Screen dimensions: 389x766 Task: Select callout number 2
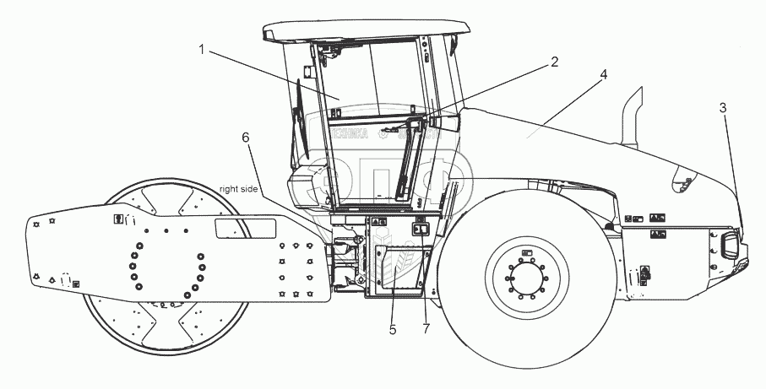[x=555, y=61]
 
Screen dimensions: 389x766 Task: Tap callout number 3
[x=723, y=107]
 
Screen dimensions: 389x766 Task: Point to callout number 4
[x=603, y=74]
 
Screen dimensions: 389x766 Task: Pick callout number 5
[x=393, y=329]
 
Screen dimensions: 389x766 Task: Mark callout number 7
[x=426, y=329]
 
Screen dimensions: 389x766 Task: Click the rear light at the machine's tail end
[x=728, y=243]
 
